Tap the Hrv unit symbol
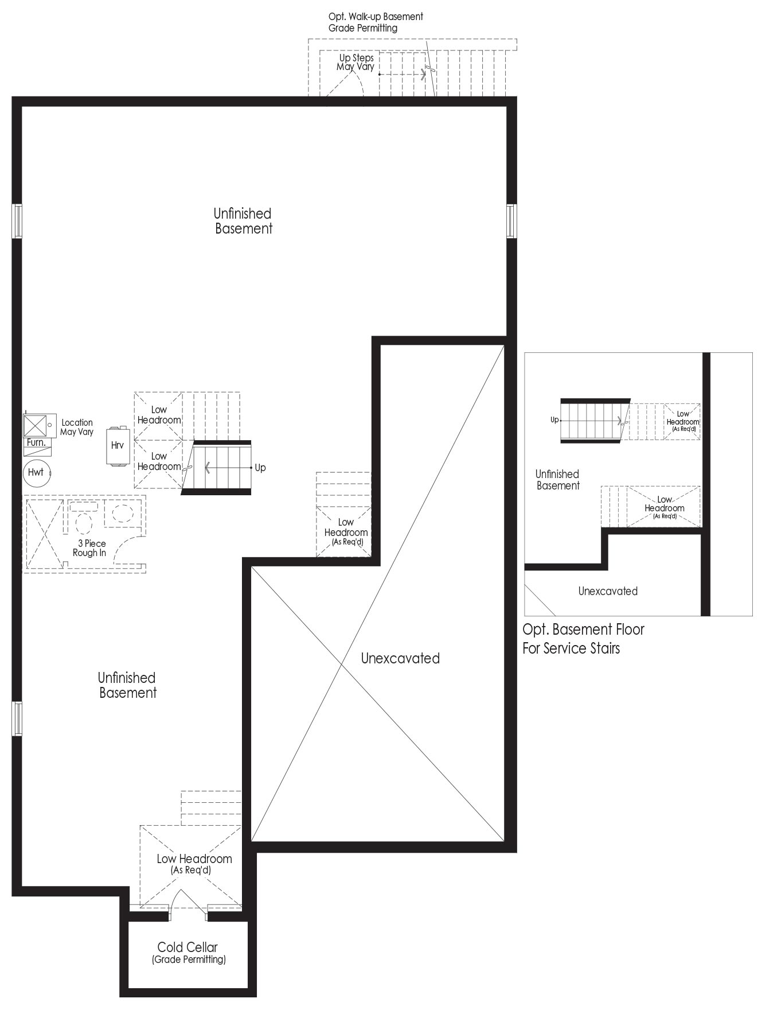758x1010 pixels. point(118,445)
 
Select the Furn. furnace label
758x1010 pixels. point(36,442)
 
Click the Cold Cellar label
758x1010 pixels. point(187,947)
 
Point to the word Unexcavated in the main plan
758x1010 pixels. point(400,658)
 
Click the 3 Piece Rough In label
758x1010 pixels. point(89,548)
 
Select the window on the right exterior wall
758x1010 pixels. point(511,221)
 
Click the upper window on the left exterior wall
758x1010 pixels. point(17,221)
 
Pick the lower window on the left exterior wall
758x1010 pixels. point(17,718)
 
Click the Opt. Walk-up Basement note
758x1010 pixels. point(376,22)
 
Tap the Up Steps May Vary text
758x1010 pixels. point(355,62)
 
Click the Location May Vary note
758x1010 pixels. point(77,427)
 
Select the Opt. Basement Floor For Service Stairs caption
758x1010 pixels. point(583,639)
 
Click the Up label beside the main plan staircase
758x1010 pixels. point(260,468)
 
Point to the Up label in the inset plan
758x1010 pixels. point(554,420)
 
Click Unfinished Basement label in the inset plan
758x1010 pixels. point(557,480)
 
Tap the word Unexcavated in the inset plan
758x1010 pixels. point(608,591)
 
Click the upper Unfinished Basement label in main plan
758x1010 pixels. point(243,221)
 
